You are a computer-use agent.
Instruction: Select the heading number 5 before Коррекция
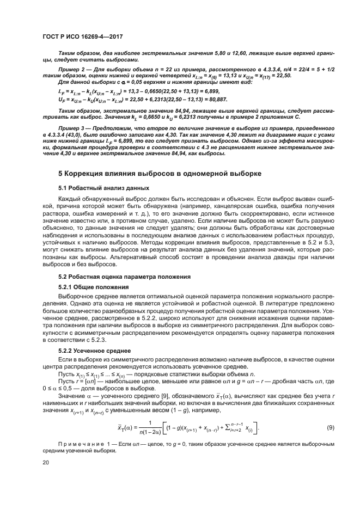(x=60, y=174)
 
